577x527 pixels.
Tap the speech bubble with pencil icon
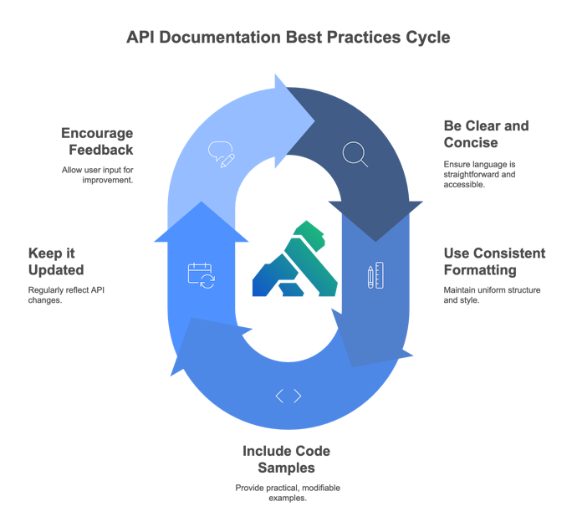(x=222, y=154)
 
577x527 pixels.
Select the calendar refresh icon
(x=202, y=274)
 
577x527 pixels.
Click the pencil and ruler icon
(x=375, y=275)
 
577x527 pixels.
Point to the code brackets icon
(x=288, y=396)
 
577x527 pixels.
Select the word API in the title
(x=141, y=38)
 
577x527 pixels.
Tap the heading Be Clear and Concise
(x=486, y=135)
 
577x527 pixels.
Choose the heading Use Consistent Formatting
(x=493, y=262)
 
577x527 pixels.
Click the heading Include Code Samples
(x=288, y=460)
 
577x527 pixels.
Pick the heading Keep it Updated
(x=56, y=262)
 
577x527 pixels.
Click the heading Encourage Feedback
(x=96, y=141)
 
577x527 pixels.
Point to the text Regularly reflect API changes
(x=66, y=294)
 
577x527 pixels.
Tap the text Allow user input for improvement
(x=97, y=174)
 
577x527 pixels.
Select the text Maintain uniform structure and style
(x=492, y=294)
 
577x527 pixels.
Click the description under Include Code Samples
(x=288, y=493)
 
